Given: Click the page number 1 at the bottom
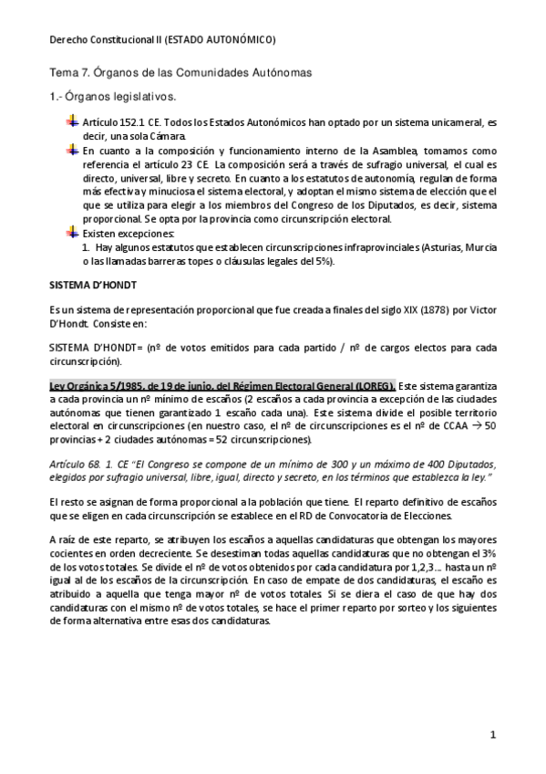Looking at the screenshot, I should point(492,735).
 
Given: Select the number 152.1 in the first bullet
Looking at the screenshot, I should point(125,121).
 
